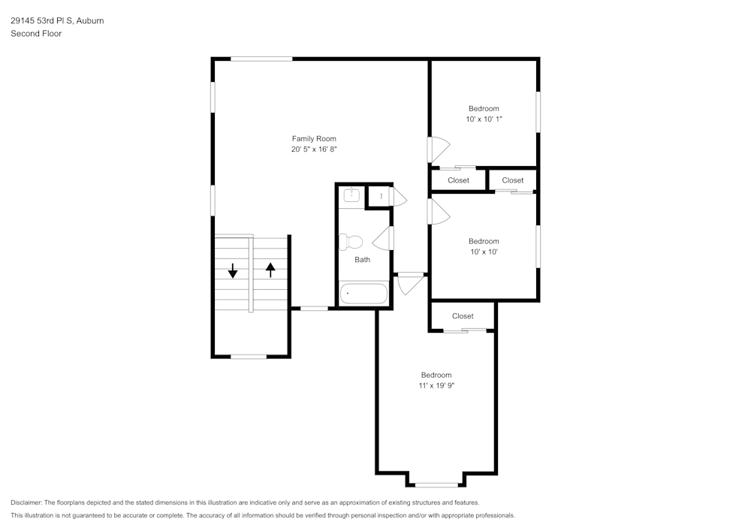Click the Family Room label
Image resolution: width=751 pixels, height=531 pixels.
click(314, 138)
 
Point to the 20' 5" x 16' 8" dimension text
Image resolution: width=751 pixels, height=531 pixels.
click(314, 149)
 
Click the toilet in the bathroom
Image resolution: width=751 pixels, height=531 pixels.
click(350, 242)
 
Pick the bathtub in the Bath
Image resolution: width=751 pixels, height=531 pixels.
click(363, 294)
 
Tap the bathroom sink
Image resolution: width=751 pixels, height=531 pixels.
click(351, 195)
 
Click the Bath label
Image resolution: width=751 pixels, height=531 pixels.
click(363, 260)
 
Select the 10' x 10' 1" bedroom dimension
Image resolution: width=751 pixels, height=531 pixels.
click(484, 119)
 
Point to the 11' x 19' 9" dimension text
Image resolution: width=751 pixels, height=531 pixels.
click(436, 385)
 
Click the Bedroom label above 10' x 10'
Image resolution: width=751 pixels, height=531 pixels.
click(484, 241)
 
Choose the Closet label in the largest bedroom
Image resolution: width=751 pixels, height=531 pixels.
click(463, 316)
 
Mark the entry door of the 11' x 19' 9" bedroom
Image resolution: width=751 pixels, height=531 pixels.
click(411, 284)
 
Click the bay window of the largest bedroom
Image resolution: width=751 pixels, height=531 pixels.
click(436, 484)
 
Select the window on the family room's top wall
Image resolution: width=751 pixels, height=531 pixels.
click(261, 59)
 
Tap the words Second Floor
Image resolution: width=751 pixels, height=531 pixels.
click(36, 34)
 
